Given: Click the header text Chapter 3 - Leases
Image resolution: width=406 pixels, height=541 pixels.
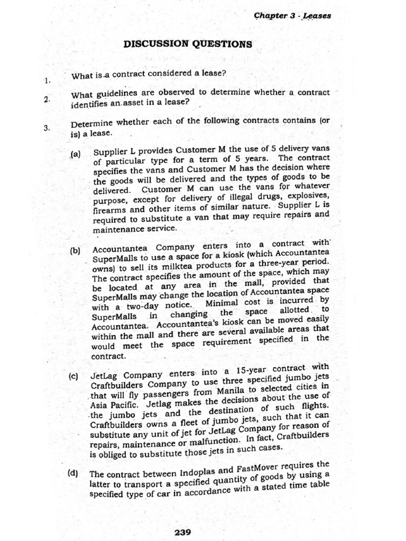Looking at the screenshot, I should pos(293,16).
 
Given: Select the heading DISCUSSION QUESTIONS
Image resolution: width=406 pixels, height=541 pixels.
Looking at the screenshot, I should pos(188,44).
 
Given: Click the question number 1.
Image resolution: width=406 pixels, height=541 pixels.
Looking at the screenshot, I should pos(47,81).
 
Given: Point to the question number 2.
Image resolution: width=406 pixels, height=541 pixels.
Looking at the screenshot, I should pos(47,99).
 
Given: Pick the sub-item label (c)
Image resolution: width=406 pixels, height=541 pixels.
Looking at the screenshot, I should pos(73,377).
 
